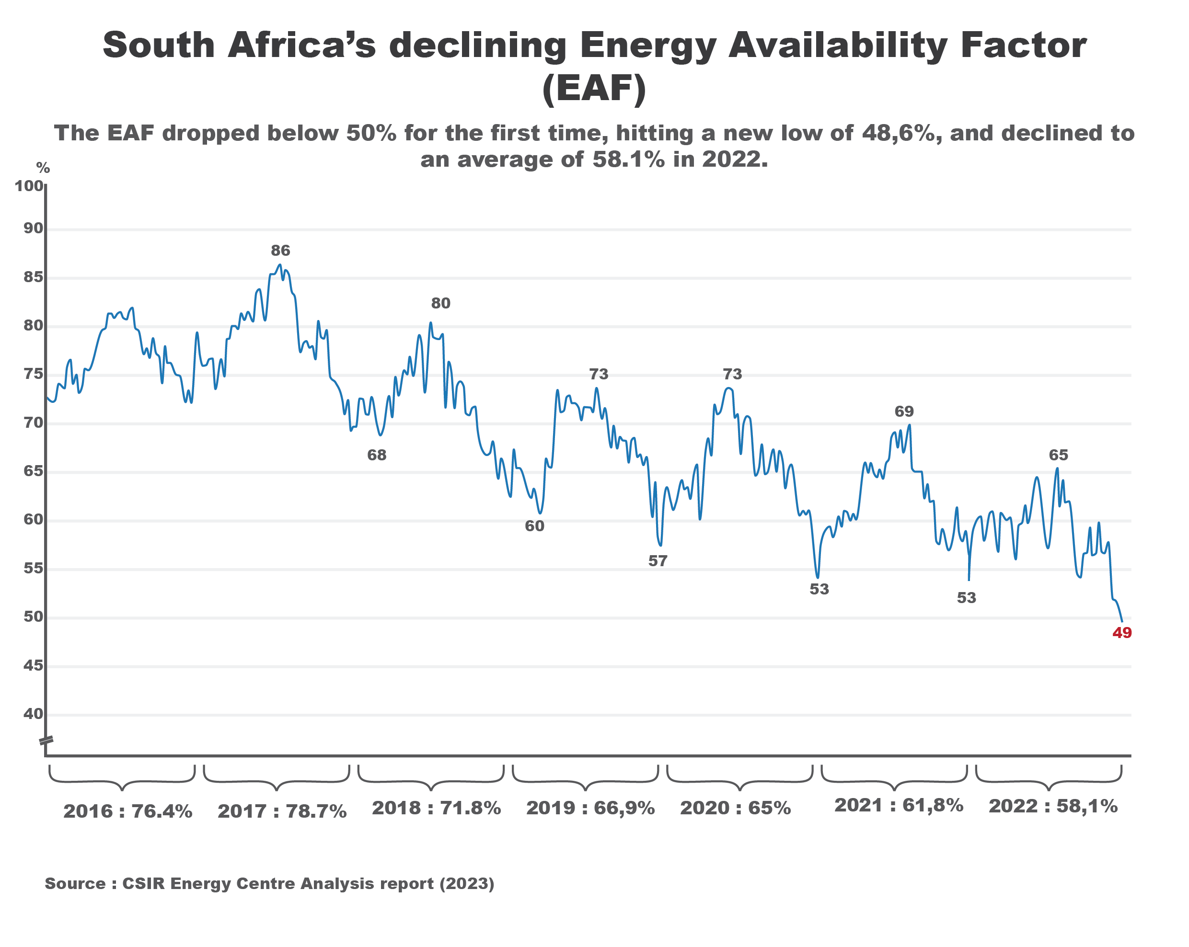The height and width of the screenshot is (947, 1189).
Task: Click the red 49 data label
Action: pyautogui.click(x=1122, y=633)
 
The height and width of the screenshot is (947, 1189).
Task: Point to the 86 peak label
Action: pyautogui.click(x=280, y=251)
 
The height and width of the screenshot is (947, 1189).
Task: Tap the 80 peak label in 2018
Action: pyautogui.click(x=440, y=303)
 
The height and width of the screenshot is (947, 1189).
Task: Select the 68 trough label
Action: pyautogui.click(x=377, y=456)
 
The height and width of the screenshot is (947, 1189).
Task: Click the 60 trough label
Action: pyautogui.click(x=534, y=526)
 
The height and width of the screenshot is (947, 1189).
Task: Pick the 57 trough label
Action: pyautogui.click(x=658, y=561)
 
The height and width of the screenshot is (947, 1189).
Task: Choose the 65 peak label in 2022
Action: pyautogui.click(x=1058, y=456)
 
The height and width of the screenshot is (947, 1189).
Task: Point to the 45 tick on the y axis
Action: pyautogui.click(x=33, y=666)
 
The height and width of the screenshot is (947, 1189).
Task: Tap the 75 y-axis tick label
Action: pyautogui.click(x=33, y=374)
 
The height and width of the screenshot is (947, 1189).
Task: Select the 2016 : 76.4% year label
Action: pyautogui.click(x=128, y=811)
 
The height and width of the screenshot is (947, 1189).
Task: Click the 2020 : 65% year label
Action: pyautogui.click(x=735, y=808)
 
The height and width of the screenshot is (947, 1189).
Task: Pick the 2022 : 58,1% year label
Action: pyautogui.click(x=1053, y=807)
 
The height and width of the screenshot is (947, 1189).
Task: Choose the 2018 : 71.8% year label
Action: pyautogui.click(x=436, y=808)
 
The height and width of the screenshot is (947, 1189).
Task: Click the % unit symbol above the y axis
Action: pyautogui.click(x=43, y=168)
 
